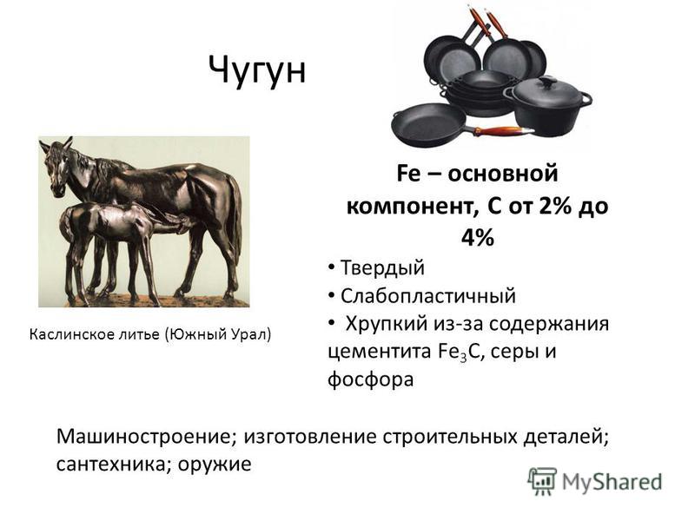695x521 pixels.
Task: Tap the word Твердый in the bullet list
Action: [382, 268]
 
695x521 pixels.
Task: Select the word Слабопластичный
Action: [428, 296]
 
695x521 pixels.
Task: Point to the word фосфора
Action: [371, 379]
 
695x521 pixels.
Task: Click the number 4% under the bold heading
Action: [477, 238]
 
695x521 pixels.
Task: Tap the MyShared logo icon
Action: [541, 481]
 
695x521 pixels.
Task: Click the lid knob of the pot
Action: [547, 82]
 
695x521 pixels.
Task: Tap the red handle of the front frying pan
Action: [501, 131]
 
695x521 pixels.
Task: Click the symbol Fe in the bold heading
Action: [408, 173]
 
